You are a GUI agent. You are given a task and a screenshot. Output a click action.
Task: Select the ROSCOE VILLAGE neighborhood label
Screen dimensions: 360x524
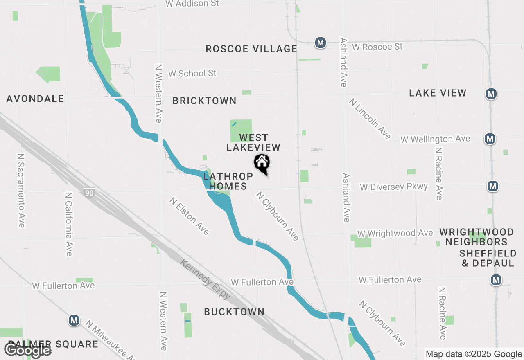tap(251, 49)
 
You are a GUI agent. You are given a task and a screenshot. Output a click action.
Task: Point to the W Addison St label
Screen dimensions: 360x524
tap(192, 4)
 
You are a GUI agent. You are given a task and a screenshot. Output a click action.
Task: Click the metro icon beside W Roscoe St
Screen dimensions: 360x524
tap(321, 42)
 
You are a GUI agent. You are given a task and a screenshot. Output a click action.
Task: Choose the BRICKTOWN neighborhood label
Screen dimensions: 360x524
tap(204, 101)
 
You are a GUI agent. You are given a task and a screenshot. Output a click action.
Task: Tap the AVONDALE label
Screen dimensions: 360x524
tap(35, 99)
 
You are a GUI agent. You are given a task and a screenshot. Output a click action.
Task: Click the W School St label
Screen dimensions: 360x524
tap(192, 73)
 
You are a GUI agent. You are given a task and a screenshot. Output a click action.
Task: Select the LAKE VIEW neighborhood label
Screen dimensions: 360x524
tap(438, 93)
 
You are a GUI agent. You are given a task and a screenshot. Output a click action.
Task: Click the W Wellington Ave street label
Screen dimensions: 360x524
tap(435, 139)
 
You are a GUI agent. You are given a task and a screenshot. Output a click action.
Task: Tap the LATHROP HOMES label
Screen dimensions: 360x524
tap(228, 181)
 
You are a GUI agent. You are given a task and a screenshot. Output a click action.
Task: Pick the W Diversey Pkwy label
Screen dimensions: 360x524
tap(394, 187)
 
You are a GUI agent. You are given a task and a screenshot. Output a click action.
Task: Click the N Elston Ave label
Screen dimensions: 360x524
tap(190, 216)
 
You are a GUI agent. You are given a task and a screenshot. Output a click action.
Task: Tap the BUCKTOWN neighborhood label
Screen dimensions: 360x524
tap(234, 312)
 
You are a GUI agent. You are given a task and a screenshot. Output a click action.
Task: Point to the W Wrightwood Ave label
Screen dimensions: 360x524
tap(395, 233)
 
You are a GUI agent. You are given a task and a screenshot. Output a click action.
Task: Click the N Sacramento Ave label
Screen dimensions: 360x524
tap(21, 191)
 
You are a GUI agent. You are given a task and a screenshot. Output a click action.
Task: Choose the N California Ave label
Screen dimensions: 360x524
tap(69, 224)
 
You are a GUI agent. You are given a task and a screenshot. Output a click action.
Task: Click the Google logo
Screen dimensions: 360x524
tap(28, 350)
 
